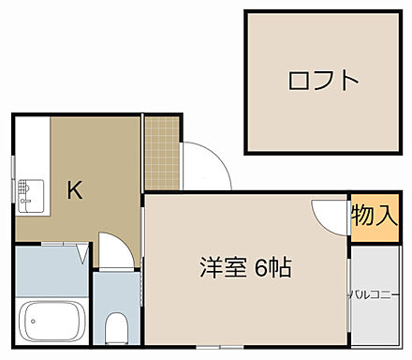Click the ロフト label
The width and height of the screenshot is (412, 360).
click(323, 81)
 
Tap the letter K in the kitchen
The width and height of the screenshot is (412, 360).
click(75, 190)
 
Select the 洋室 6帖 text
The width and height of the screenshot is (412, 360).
click(245, 268)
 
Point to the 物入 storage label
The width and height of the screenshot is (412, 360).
click(375, 217)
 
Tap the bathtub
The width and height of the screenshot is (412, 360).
click(53, 323)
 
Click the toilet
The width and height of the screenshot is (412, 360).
click(117, 329)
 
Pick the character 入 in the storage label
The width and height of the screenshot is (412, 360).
click(387, 217)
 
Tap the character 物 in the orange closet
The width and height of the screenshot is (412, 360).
click(363, 217)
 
